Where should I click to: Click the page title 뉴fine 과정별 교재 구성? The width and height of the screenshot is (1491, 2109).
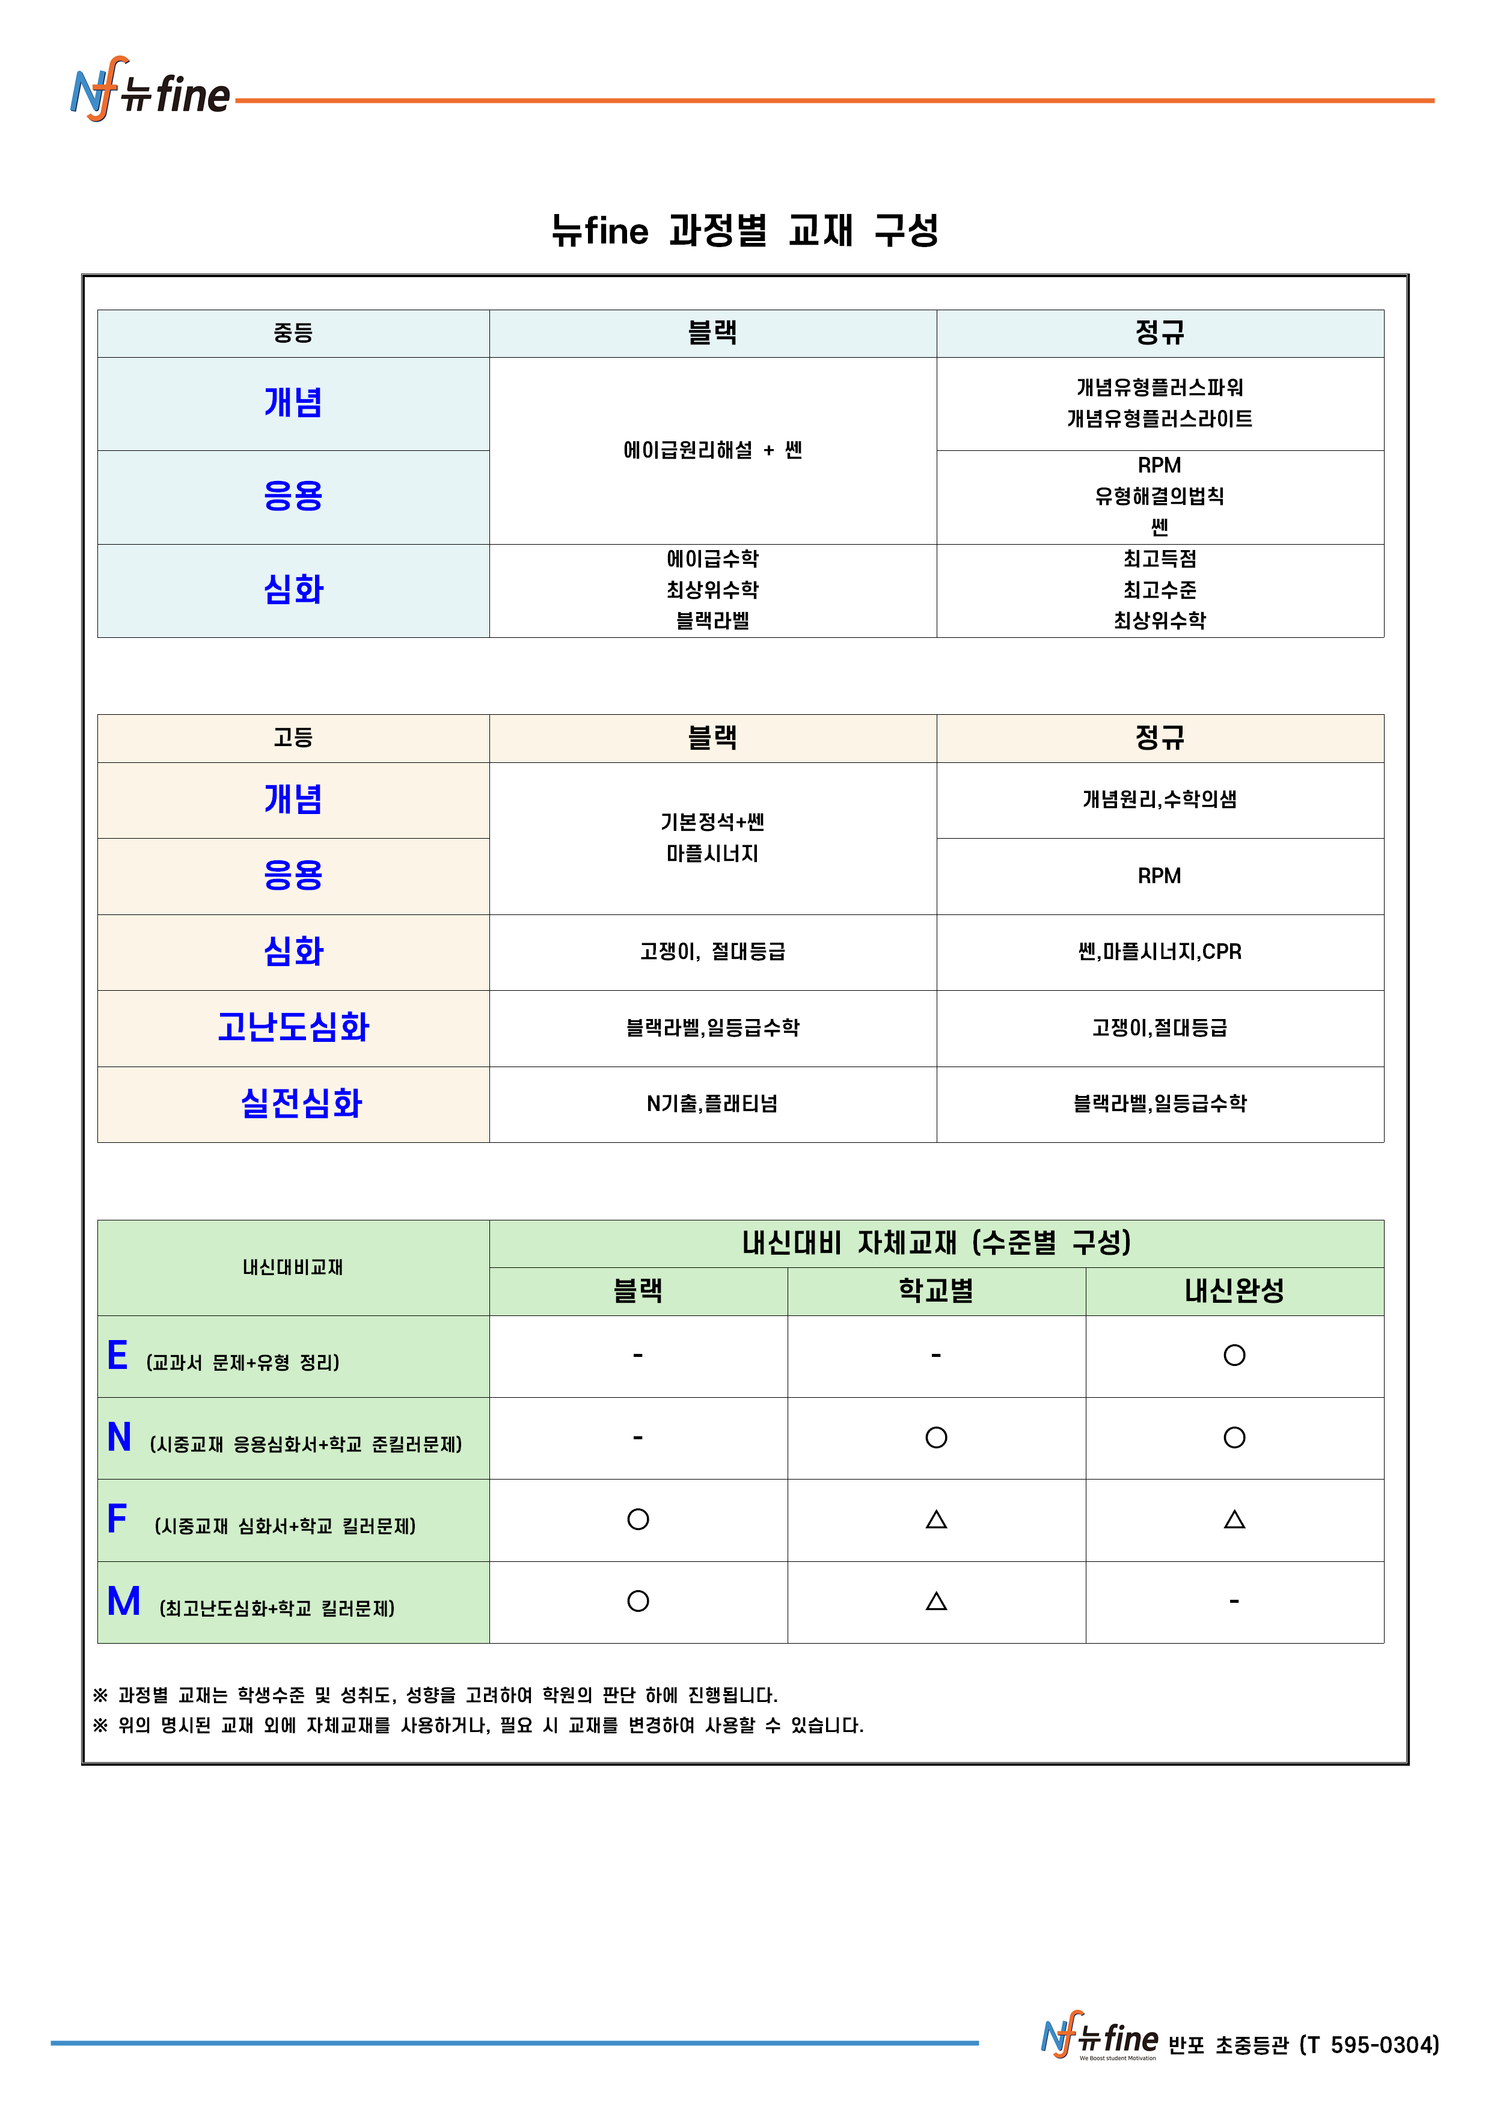(x=745, y=230)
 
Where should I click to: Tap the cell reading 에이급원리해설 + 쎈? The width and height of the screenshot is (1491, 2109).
(x=712, y=450)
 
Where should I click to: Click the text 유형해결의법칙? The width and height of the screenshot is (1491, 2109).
(x=1159, y=496)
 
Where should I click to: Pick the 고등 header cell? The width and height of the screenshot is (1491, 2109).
(x=293, y=738)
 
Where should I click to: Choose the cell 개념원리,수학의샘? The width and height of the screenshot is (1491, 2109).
(x=1159, y=799)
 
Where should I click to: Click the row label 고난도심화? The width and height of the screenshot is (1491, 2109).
(x=293, y=1027)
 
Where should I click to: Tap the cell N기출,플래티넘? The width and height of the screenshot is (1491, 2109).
(x=712, y=1104)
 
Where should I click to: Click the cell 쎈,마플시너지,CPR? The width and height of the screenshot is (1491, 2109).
(x=1159, y=952)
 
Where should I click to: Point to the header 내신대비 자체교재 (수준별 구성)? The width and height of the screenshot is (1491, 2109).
(x=936, y=1243)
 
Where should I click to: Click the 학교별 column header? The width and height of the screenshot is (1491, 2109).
(x=936, y=1291)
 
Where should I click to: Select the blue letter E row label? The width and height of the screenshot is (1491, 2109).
(x=118, y=1356)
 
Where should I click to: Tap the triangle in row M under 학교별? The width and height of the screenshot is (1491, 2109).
(x=936, y=1601)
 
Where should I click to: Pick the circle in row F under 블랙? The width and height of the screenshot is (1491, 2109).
(x=637, y=1519)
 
